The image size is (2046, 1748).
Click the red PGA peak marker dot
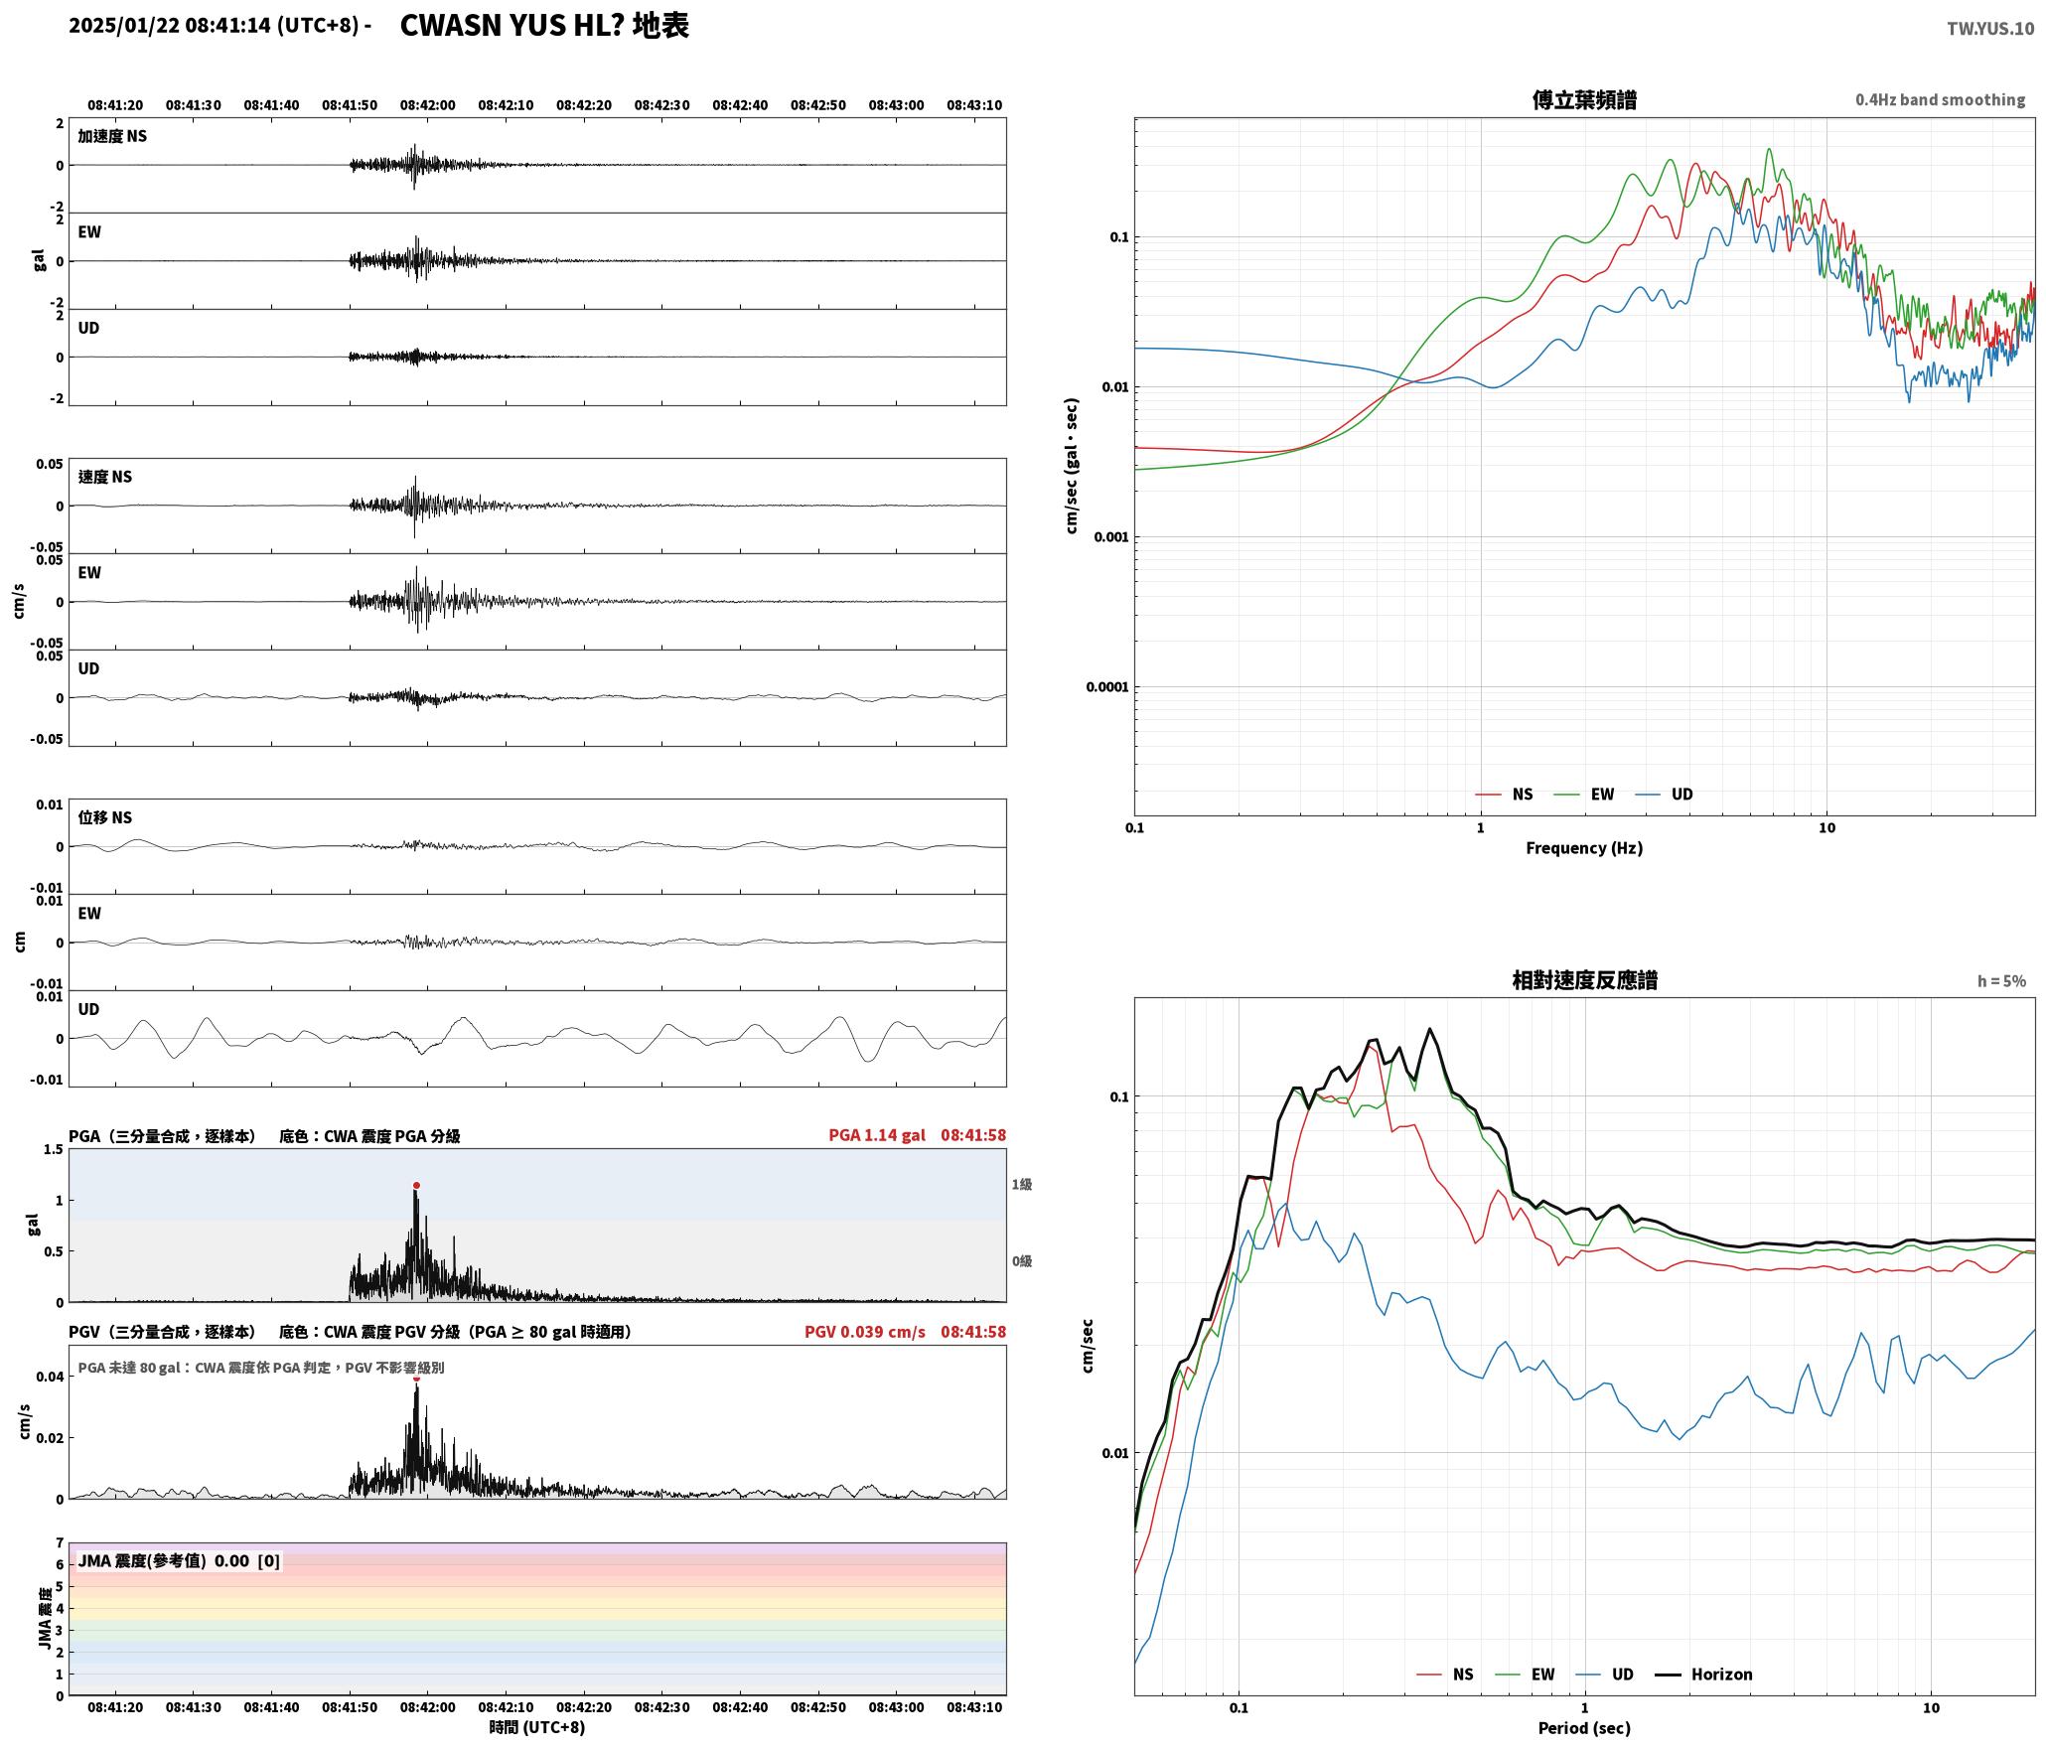pyautogui.click(x=416, y=1185)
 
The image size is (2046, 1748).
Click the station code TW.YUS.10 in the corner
pyautogui.click(x=1989, y=29)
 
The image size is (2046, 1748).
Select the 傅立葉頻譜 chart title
pyautogui.click(x=1584, y=99)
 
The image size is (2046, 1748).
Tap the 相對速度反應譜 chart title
pyautogui.click(x=1584, y=980)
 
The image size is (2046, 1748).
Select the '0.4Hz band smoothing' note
pyautogui.click(x=1940, y=100)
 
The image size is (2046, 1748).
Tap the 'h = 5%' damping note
pyautogui.click(x=2001, y=981)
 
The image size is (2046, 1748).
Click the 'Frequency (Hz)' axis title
pyautogui.click(x=1584, y=848)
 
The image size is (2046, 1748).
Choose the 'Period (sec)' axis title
pyautogui.click(x=1584, y=1728)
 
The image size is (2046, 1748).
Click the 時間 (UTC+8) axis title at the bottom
pyautogui.click(x=537, y=1727)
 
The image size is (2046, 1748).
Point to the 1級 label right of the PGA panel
pyautogui.click(x=1022, y=1185)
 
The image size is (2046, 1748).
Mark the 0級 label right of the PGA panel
pyautogui.click(x=1022, y=1261)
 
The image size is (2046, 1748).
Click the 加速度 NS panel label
pyautogui.click(x=112, y=136)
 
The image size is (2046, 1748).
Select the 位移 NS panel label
pyautogui.click(x=105, y=817)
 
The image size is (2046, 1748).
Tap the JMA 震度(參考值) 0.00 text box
pyautogui.click(x=179, y=1561)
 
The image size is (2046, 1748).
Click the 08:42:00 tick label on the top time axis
pyautogui.click(x=428, y=105)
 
